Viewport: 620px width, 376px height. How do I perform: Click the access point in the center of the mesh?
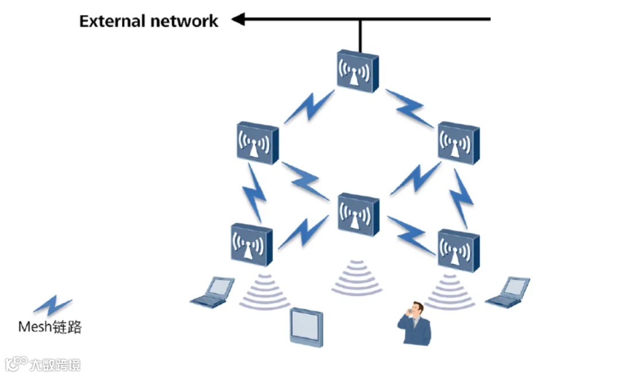[x=358, y=214]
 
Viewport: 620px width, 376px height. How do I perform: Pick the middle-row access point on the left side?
[x=257, y=143]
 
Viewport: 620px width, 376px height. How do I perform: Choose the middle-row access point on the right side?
[x=458, y=143]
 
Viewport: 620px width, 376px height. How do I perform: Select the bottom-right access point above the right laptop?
[x=458, y=251]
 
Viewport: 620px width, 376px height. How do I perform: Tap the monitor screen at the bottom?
[x=306, y=327]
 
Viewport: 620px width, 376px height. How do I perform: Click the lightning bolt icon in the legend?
[x=52, y=305]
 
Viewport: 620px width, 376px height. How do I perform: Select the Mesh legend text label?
[x=50, y=327]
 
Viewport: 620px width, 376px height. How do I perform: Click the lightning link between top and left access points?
[x=308, y=107]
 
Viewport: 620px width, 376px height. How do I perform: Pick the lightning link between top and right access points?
[x=410, y=108]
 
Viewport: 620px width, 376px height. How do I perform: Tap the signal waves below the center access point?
[x=356, y=277]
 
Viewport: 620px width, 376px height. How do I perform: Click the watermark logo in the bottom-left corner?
[x=17, y=364]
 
